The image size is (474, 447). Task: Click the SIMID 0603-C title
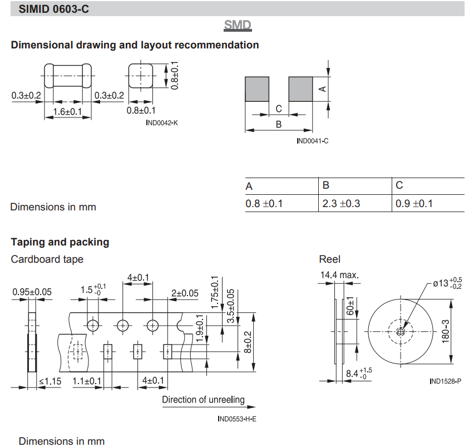pos(54,8)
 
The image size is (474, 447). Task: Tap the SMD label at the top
pos(238,25)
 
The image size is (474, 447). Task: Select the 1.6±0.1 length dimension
pos(67,112)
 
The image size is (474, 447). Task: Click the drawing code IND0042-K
pos(162,122)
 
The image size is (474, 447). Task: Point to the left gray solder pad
pos(257,89)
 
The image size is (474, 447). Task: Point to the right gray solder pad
pos(300,89)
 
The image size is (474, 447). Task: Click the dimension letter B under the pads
pos(279,124)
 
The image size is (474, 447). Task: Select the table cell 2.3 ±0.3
pos(342,204)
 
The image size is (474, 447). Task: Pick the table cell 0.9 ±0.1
pos(414,204)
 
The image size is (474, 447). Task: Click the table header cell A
pos(249,186)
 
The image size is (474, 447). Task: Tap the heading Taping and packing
pos(60,242)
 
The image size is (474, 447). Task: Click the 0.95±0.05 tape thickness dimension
pos(32,292)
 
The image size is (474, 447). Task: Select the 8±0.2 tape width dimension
pos(248,342)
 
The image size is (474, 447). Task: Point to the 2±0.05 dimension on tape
pos(185,293)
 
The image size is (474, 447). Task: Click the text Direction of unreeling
pos(203,400)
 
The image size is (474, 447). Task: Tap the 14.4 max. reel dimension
pos(339,275)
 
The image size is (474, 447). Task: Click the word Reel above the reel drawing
pos(329,259)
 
